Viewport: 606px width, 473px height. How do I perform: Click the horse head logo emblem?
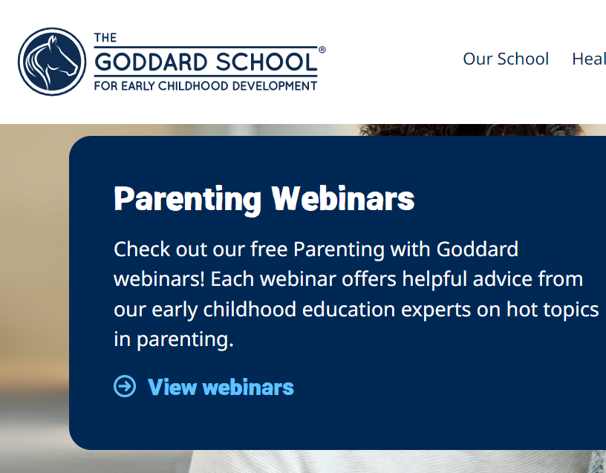[x=52, y=62]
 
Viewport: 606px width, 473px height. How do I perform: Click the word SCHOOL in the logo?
[x=267, y=62]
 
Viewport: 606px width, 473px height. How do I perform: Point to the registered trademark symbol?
[x=322, y=50]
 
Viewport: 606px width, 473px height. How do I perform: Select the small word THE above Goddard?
[x=105, y=38]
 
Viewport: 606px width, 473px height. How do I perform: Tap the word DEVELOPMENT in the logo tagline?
[x=274, y=86]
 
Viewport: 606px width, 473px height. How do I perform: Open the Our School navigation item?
[x=506, y=59]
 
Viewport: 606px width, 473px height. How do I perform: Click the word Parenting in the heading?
[x=187, y=200]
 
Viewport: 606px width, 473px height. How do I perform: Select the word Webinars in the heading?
[x=343, y=198]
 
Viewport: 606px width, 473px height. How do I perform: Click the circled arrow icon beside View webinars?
[x=125, y=386]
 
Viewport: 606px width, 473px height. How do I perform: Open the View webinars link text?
[x=221, y=387]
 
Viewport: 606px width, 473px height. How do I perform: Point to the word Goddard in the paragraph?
[x=478, y=249]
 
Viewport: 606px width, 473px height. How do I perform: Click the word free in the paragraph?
[x=269, y=249]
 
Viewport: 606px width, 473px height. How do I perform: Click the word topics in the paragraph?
[x=571, y=310]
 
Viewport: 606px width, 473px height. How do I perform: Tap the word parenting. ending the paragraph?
[x=185, y=340]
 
